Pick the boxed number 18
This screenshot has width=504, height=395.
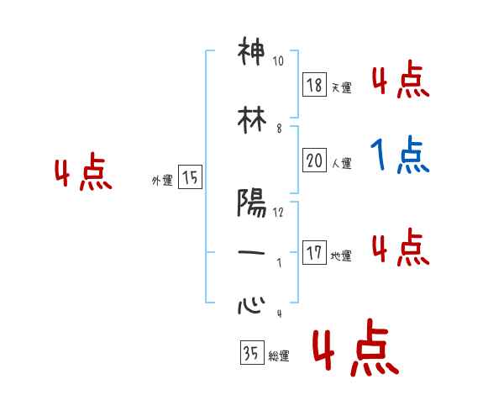point(315,86)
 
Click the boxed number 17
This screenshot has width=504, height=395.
point(315,253)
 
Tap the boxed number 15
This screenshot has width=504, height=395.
point(190,177)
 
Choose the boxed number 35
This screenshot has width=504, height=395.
point(251,353)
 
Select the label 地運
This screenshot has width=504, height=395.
point(341,255)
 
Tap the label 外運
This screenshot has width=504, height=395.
point(161,179)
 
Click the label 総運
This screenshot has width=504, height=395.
point(278,355)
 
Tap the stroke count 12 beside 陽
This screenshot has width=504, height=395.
point(278,213)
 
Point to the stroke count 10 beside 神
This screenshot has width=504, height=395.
point(278,61)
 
